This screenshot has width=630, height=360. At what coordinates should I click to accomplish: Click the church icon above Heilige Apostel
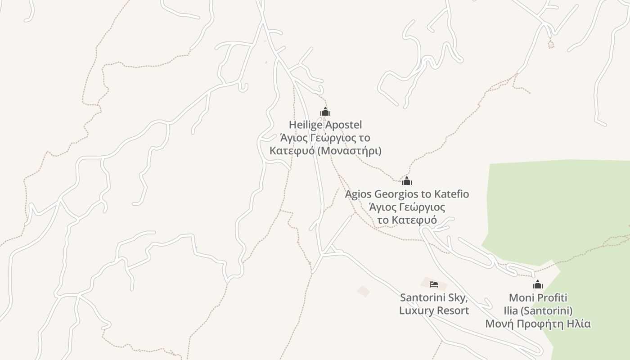tap(325, 112)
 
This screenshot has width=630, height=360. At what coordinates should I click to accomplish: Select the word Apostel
tap(344, 125)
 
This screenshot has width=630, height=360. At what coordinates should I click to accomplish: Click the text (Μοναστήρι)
tap(349, 151)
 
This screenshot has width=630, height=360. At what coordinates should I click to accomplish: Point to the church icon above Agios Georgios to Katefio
tap(407, 181)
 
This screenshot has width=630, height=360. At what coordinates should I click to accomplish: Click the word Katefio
tap(451, 194)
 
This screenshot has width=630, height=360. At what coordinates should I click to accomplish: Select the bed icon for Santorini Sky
tap(434, 284)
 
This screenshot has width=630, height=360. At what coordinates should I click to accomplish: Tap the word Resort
tap(452, 311)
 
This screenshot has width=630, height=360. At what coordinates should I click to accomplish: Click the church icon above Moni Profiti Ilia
tap(538, 285)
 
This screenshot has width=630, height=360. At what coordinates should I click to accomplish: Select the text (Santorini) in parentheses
tap(547, 311)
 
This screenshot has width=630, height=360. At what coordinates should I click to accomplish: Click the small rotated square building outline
tap(364, 292)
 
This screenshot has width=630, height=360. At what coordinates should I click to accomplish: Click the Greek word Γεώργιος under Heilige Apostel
tap(334, 138)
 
